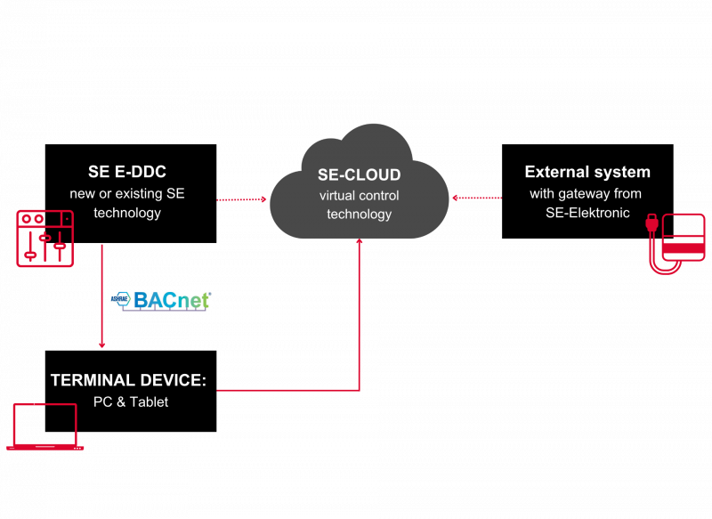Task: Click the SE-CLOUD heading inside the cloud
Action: [360, 175]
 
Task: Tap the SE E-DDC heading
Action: [127, 172]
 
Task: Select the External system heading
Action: [587, 172]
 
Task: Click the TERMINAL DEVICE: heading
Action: [128, 380]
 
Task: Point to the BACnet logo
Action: [161, 301]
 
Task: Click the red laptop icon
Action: [45, 426]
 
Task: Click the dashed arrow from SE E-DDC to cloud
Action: [242, 199]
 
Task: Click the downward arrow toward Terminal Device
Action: [102, 294]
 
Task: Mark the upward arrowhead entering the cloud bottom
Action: [360, 241]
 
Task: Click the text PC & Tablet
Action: [131, 402]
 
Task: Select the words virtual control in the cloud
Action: [360, 195]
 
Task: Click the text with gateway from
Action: [585, 193]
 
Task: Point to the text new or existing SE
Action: [127, 193]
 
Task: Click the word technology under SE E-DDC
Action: [127, 213]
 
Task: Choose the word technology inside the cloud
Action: [360, 214]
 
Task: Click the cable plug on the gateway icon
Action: [651, 224]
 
